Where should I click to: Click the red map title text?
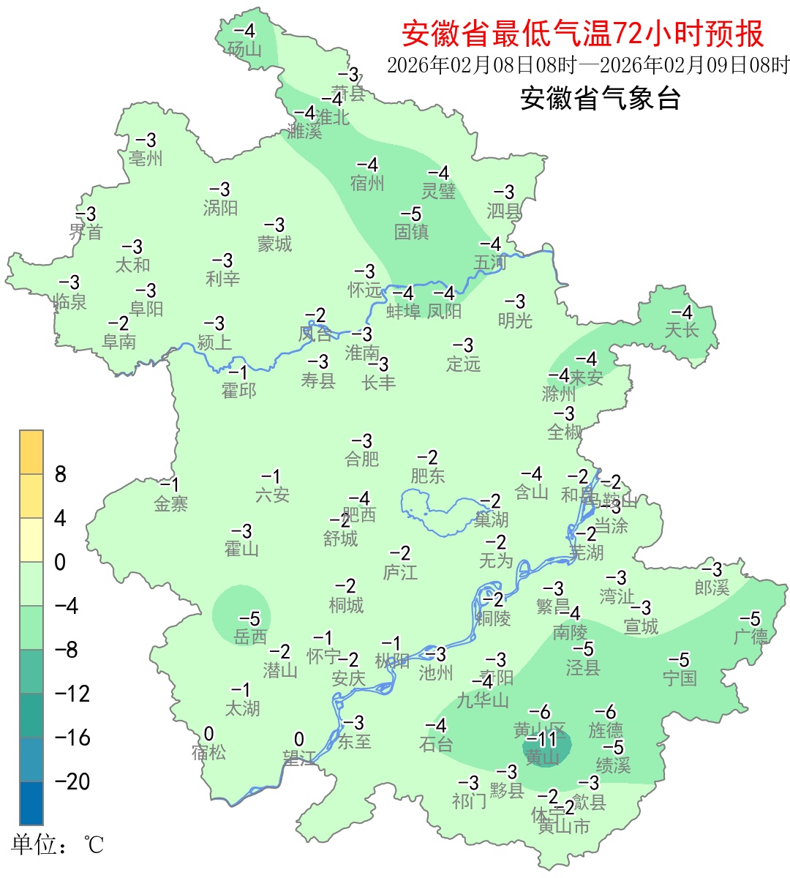click(582, 34)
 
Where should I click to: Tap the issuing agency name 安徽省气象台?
click(600, 98)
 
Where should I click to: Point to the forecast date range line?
click(587, 65)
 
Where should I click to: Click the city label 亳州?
click(146, 158)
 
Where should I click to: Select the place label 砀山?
click(244, 49)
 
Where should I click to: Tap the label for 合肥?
click(362, 459)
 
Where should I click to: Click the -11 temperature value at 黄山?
click(542, 739)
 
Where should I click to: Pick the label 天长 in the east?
click(682, 330)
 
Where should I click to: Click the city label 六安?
click(272, 495)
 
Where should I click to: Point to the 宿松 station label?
click(208, 752)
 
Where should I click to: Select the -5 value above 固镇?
click(411, 214)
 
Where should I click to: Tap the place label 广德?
click(751, 637)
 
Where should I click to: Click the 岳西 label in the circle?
click(250, 637)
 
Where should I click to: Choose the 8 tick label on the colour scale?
click(61, 475)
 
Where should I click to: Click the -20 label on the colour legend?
click(72, 781)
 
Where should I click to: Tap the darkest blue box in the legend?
click(31, 803)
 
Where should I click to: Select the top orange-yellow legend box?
click(31, 452)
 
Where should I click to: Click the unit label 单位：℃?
click(58, 845)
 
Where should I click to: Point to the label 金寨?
click(171, 503)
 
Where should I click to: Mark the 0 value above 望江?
click(298, 740)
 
